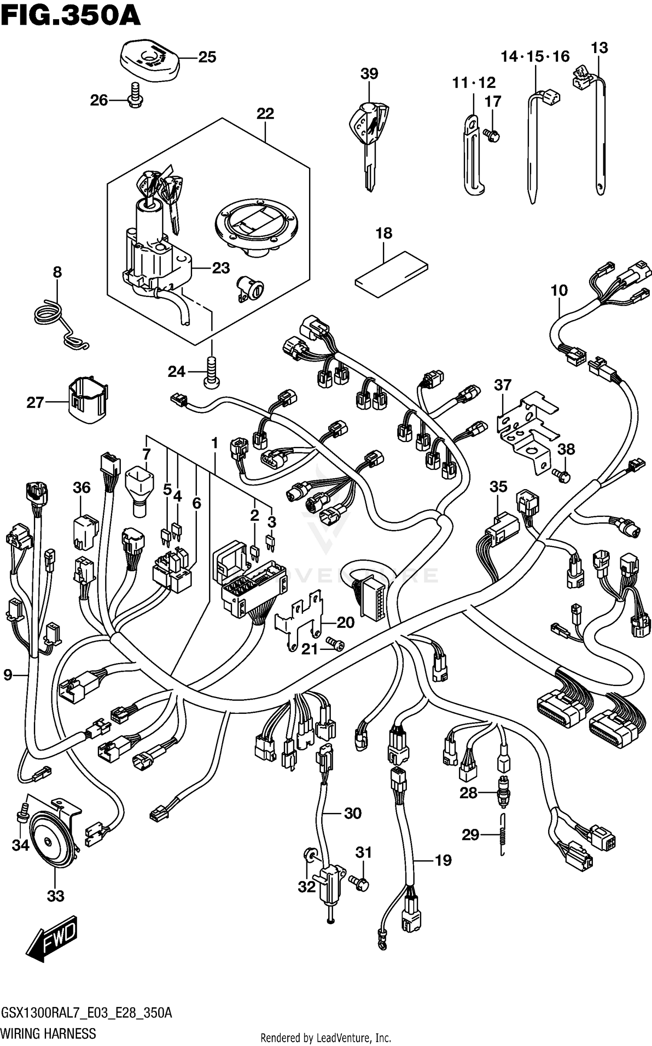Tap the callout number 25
pyautogui.click(x=207, y=57)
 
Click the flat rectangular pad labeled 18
pyautogui.click(x=391, y=274)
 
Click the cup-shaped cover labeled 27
pyautogui.click(x=88, y=401)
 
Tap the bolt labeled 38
pyautogui.click(x=562, y=476)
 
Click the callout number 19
pyautogui.click(x=443, y=860)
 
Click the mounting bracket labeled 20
pyautogui.click(x=300, y=622)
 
